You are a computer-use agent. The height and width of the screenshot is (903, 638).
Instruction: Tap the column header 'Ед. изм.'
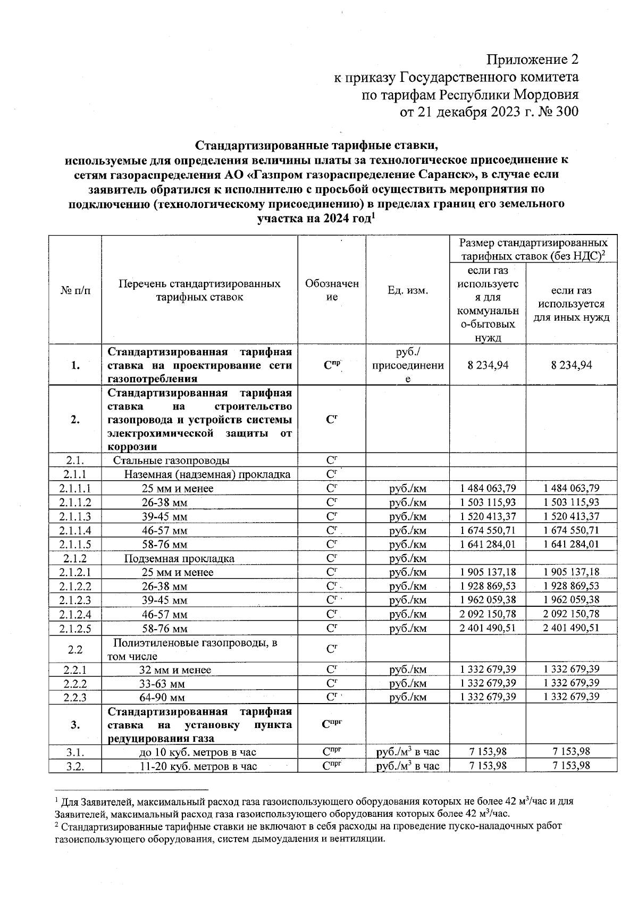pos(408,290)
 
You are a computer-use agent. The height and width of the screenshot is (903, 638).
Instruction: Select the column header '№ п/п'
pos(75,290)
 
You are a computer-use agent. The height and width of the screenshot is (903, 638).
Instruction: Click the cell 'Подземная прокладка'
pos(179,558)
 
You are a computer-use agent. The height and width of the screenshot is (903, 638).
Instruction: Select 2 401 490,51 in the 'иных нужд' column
pos(572,628)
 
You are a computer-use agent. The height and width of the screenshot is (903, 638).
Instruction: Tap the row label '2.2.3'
pos(75,697)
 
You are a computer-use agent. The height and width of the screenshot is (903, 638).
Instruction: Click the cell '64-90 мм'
pos(162,697)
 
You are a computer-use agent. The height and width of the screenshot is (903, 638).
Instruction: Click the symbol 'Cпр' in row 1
pos(331,365)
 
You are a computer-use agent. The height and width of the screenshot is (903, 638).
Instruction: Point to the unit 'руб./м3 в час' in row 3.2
pos(408,766)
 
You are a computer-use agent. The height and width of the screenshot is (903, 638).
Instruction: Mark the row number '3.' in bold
pos(75,725)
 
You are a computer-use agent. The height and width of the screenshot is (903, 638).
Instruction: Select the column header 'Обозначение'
pos(331,290)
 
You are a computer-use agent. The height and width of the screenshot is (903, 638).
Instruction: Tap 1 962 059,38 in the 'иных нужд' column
pos(572,600)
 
